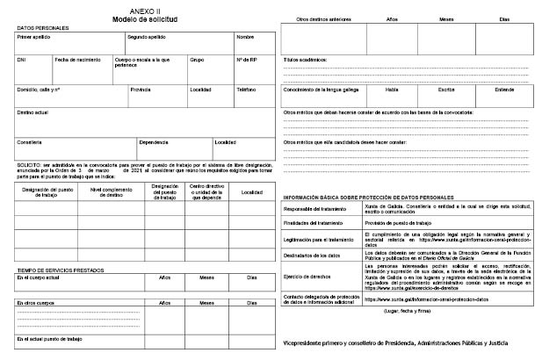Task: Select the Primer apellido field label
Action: [34, 38]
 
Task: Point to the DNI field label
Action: [22, 59]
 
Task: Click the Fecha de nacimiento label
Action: [75, 59]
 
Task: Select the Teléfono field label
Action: [246, 90]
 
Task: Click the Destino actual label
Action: [34, 112]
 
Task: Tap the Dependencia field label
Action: [154, 142]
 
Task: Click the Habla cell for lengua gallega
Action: [392, 90]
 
